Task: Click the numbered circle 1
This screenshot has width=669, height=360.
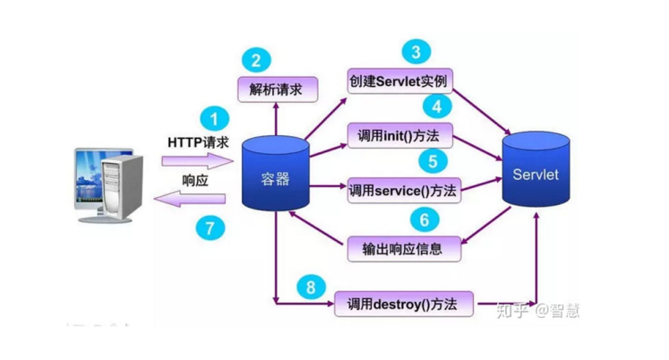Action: click(213, 118)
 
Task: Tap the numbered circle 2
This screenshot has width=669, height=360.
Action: click(256, 61)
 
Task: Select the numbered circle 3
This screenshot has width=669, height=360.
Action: click(415, 51)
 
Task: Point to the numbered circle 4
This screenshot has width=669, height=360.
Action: click(436, 107)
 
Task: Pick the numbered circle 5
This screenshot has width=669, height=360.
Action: click(433, 161)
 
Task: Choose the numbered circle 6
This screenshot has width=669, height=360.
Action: click(425, 219)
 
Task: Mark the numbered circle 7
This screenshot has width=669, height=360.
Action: click(210, 227)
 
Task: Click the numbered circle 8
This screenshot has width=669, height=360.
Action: click(311, 287)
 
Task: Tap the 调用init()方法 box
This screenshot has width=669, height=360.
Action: click(399, 137)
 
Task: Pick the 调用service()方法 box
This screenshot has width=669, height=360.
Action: click(403, 191)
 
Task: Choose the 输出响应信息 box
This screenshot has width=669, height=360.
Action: click(402, 248)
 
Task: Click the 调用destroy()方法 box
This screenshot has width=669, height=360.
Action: click(402, 304)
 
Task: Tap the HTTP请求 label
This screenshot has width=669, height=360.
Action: click(198, 142)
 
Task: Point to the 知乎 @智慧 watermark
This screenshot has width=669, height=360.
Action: click(537, 310)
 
